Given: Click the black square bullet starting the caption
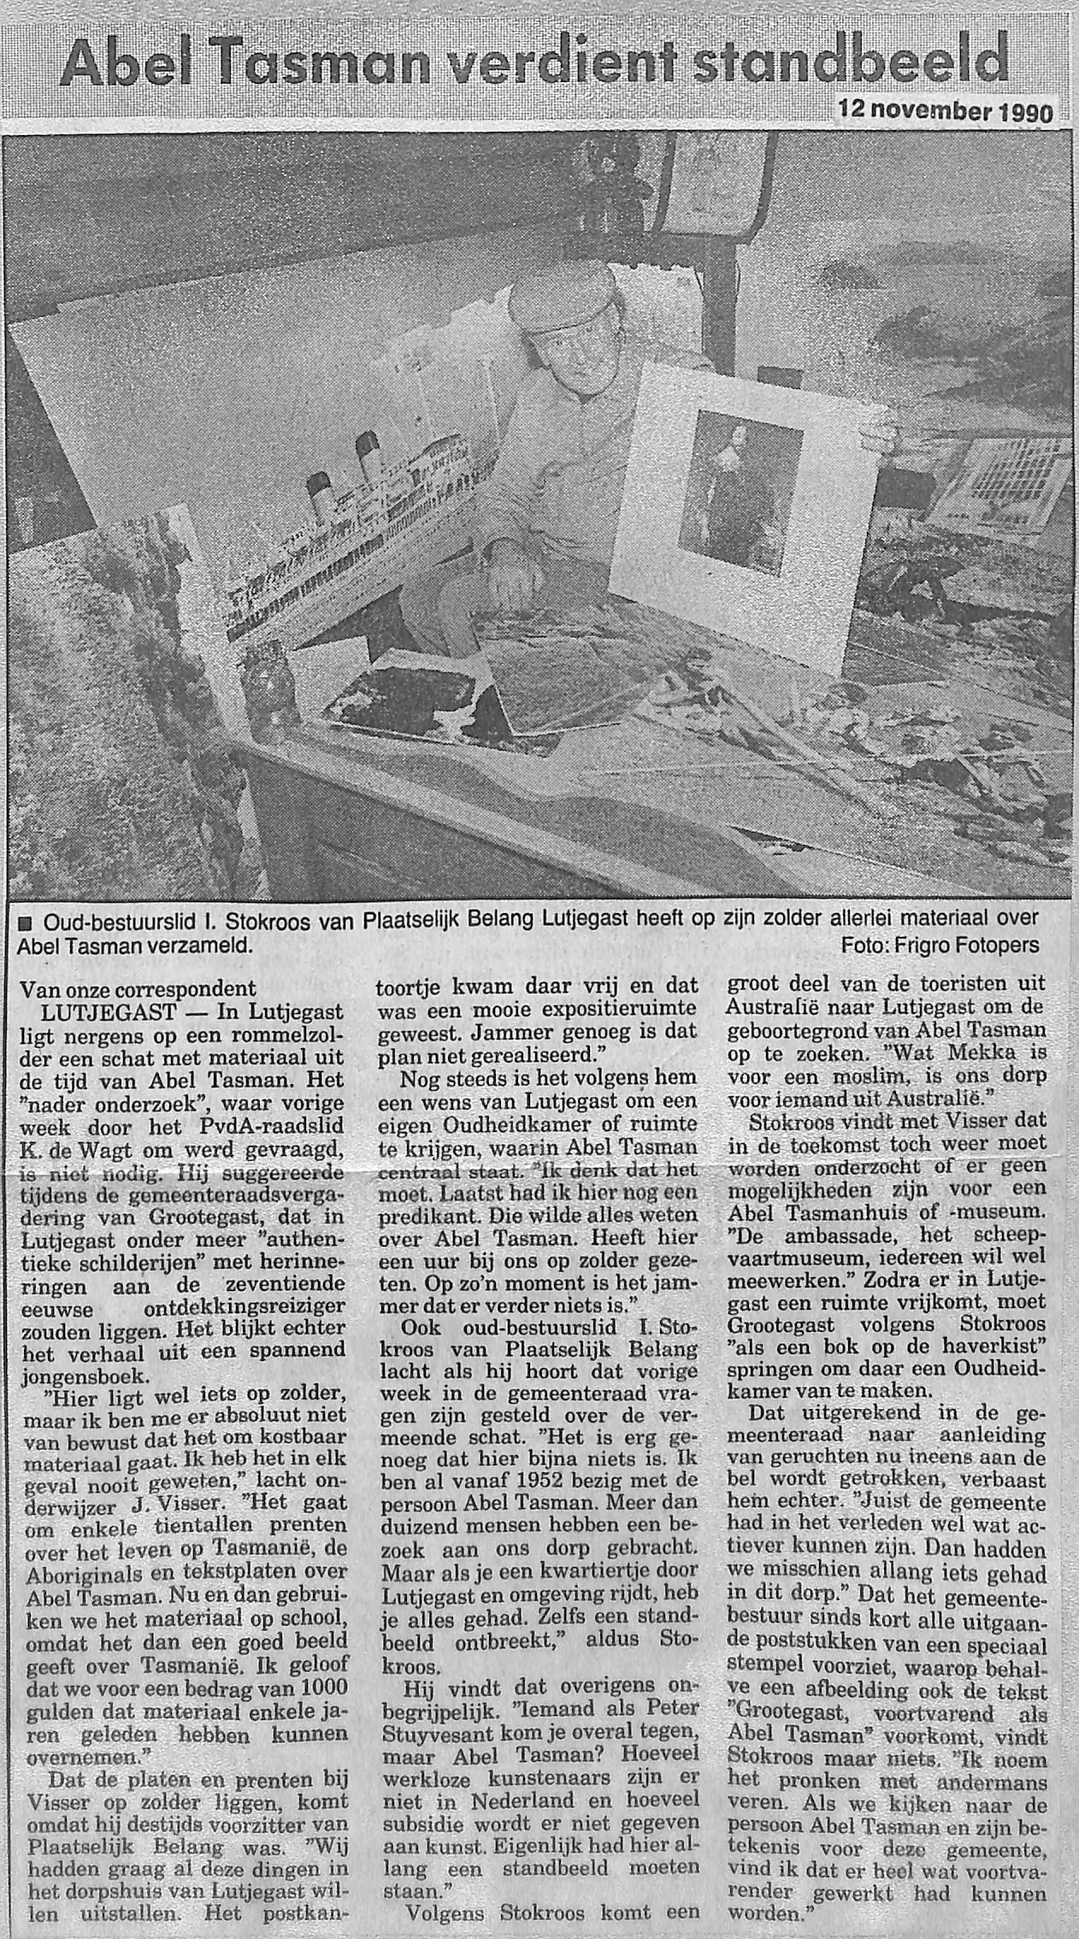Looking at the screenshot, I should tap(24, 921).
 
